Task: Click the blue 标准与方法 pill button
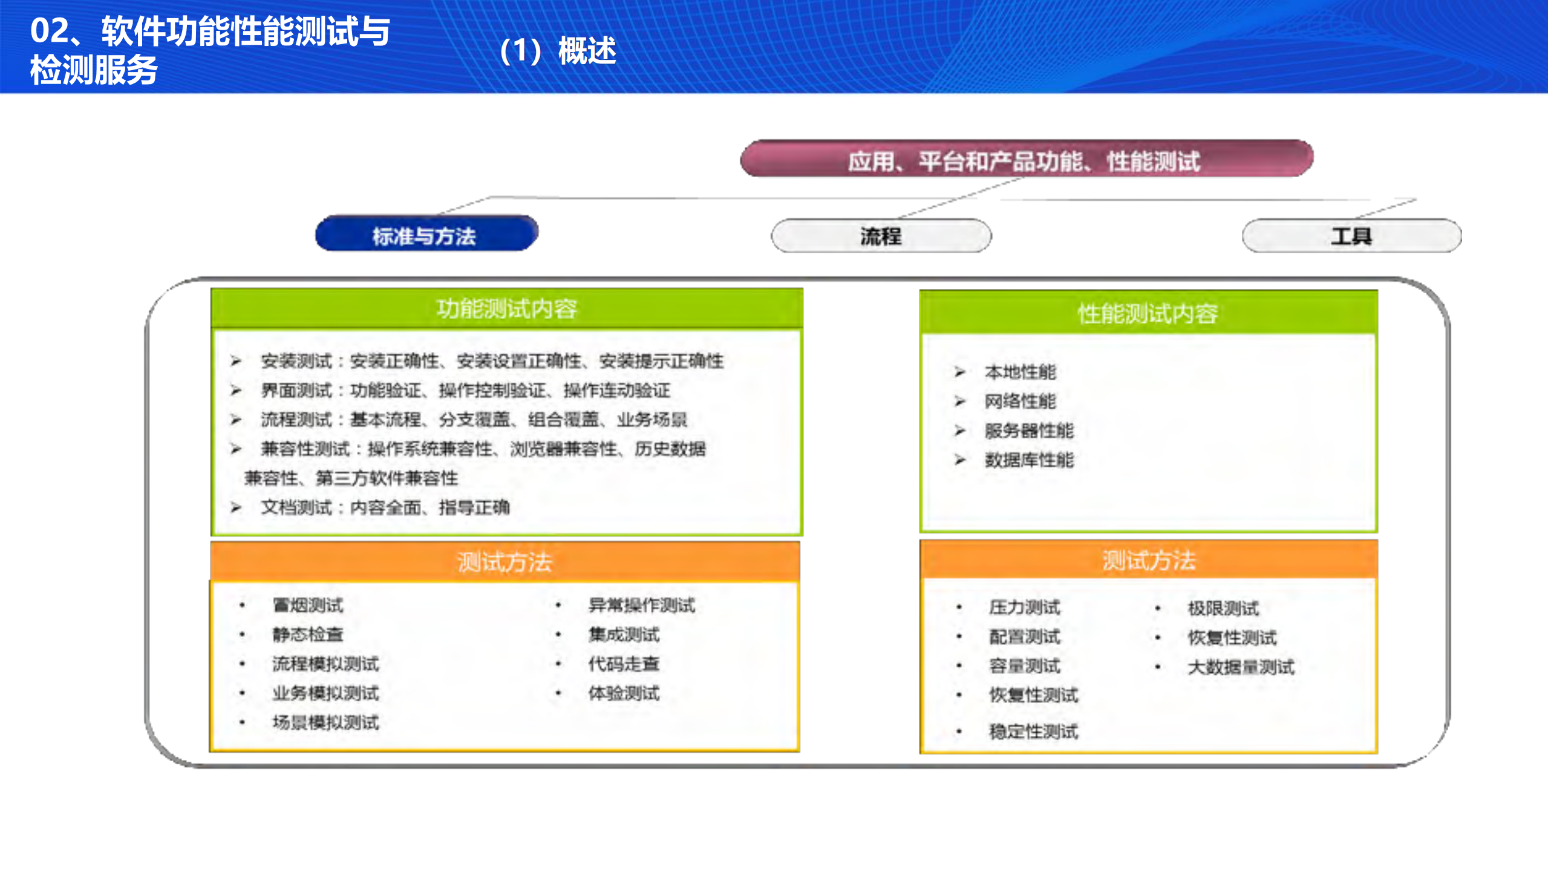(x=426, y=235)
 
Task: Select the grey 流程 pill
(x=881, y=236)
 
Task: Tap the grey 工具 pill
(x=1351, y=236)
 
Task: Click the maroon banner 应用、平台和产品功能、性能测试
(x=1026, y=160)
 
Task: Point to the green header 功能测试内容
(x=507, y=309)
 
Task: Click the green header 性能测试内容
(x=1148, y=313)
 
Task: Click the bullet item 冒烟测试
(x=308, y=605)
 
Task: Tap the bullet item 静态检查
(x=308, y=634)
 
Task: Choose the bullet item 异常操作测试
(x=642, y=605)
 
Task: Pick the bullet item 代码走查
(x=624, y=664)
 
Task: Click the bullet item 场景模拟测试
(x=325, y=722)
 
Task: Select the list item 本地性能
(x=1020, y=372)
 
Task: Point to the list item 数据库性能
(x=1029, y=460)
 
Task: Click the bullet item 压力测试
(x=1025, y=607)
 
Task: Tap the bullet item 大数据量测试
(x=1241, y=667)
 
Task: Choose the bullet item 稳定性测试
(x=1033, y=732)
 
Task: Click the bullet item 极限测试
(x=1223, y=608)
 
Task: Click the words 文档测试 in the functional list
(x=296, y=507)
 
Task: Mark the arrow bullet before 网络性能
(x=959, y=401)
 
